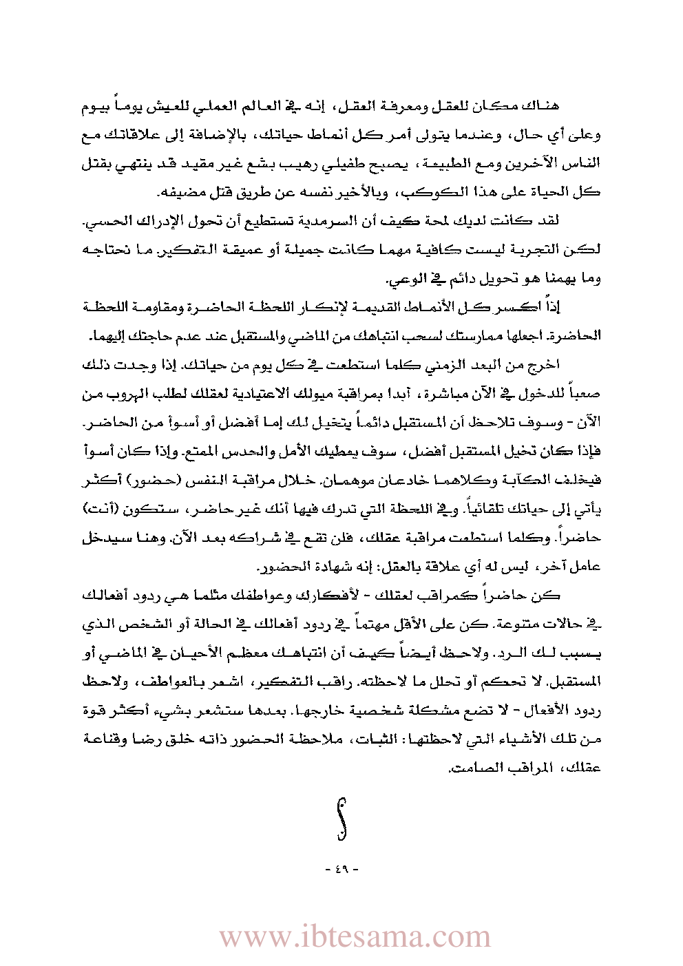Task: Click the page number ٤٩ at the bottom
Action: tap(341, 870)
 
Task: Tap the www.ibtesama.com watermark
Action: tap(355, 937)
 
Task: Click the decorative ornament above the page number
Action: tap(341, 819)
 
